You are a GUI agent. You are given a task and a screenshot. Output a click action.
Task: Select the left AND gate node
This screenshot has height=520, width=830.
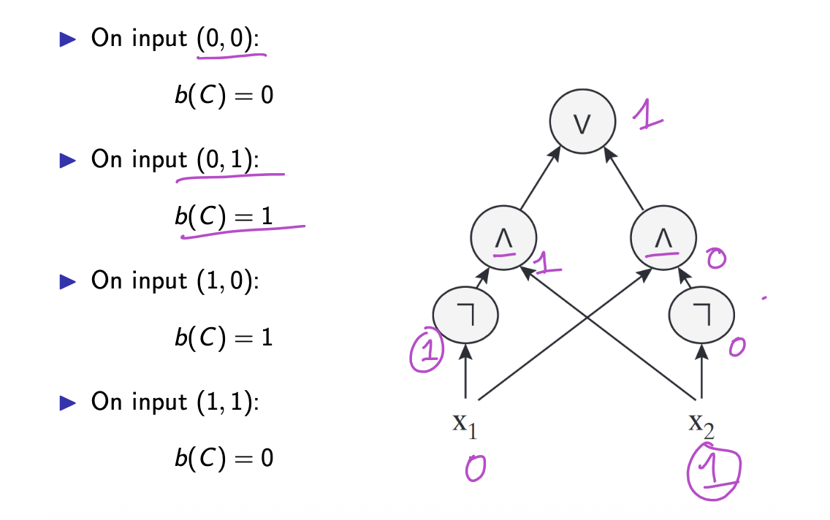point(503,237)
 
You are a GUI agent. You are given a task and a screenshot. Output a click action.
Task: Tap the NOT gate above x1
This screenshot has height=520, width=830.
point(465,314)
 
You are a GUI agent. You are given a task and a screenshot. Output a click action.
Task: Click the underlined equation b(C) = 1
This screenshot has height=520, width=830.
point(224,216)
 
